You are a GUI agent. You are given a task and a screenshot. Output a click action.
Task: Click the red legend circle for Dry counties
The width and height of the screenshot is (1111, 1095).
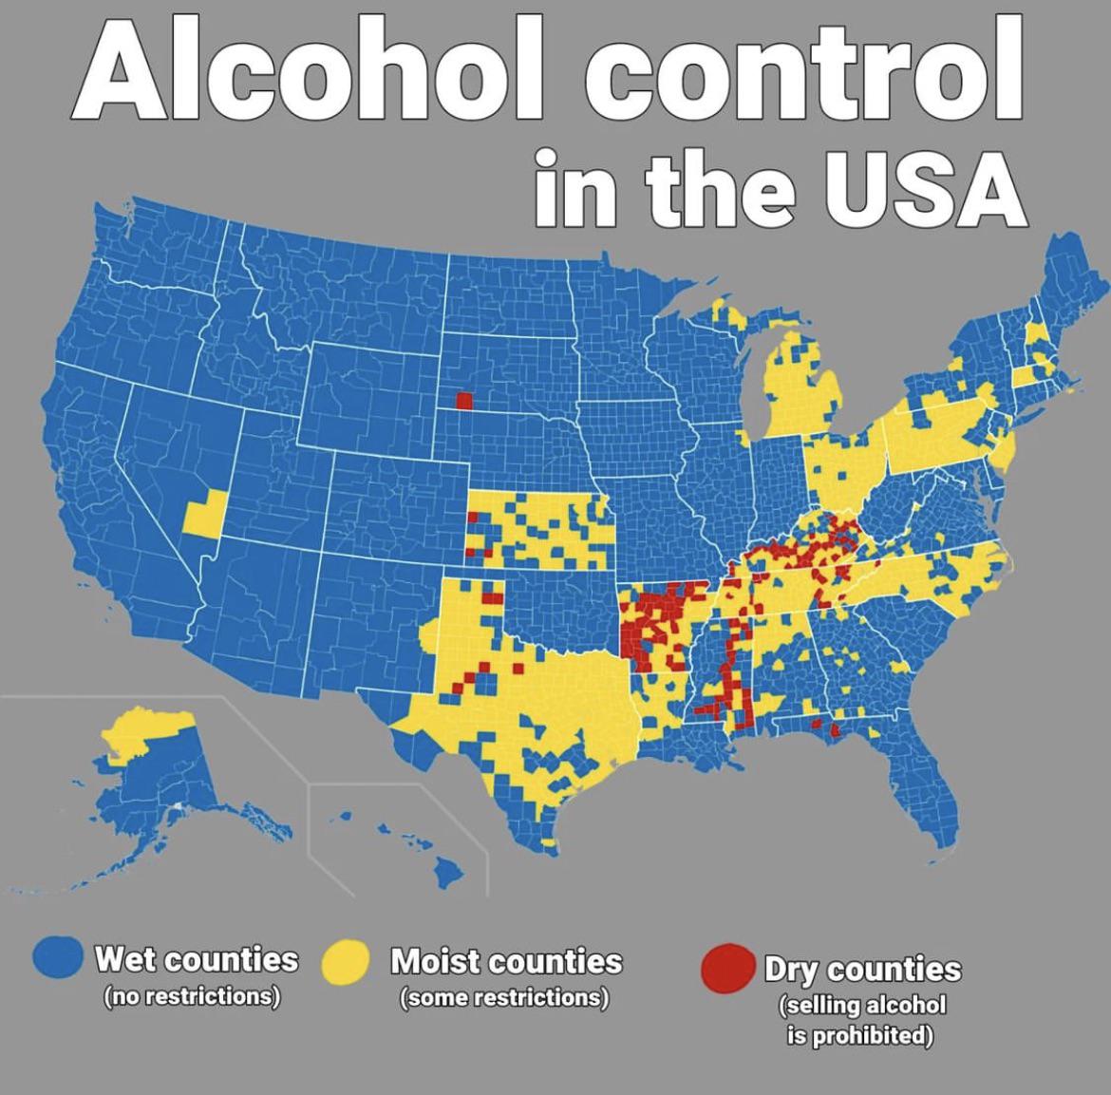(728, 967)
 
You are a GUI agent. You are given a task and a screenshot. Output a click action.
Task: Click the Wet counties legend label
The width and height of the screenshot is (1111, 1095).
(195, 958)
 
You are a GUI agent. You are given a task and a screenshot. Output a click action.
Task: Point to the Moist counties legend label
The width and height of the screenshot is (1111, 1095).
(506, 960)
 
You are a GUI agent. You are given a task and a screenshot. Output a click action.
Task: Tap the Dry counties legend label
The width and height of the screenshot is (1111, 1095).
(862, 969)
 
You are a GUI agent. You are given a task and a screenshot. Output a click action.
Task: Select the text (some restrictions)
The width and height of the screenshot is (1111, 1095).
(504, 998)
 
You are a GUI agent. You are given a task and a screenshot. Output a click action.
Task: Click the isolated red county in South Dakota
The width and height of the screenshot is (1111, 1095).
(463, 400)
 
